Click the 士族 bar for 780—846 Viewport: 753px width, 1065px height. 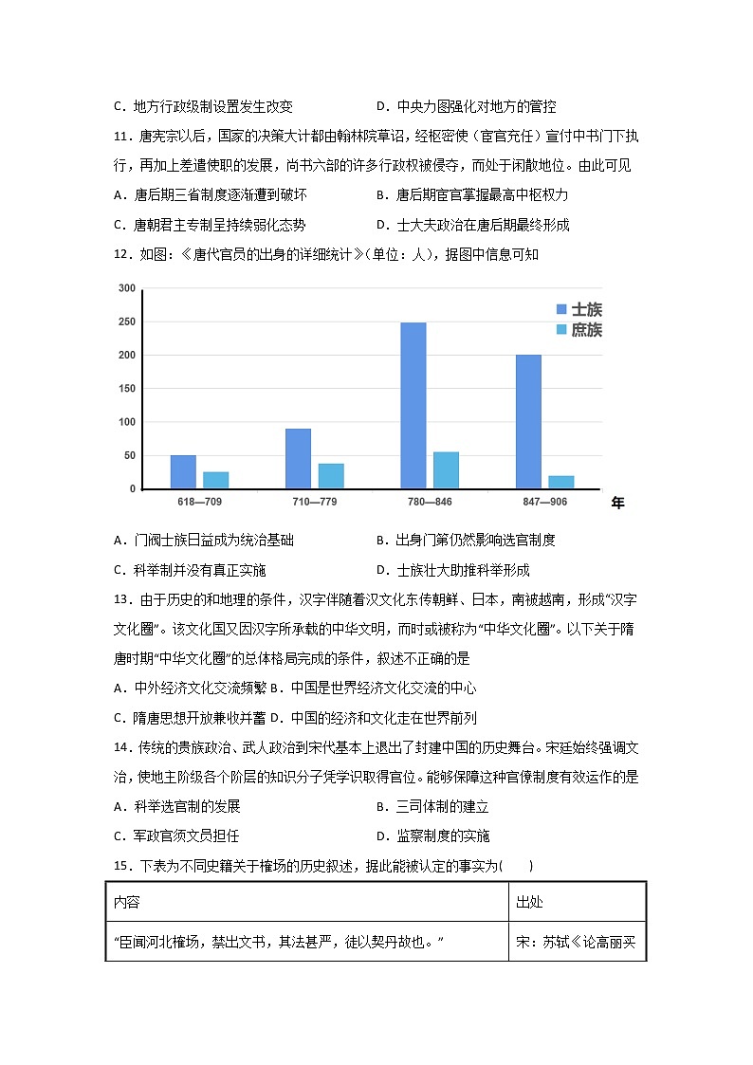click(413, 406)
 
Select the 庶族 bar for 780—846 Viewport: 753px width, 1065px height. click(446, 470)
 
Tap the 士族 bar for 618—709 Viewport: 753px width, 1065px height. click(183, 472)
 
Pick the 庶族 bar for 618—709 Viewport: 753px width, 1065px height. click(216, 480)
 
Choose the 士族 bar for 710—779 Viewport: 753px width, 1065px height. click(298, 459)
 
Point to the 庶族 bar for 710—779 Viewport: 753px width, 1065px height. click(331, 476)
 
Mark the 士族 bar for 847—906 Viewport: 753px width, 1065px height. click(528, 422)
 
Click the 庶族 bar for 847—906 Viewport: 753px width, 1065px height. click(561, 482)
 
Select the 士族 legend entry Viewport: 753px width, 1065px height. click(579, 309)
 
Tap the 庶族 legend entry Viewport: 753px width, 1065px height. click(579, 329)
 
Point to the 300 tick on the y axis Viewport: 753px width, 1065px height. click(127, 288)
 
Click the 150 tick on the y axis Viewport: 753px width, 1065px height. click(127, 389)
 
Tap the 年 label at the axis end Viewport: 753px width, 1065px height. click(618, 504)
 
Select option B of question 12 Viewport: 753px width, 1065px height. click(466, 541)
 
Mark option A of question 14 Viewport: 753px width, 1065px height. click(176, 806)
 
